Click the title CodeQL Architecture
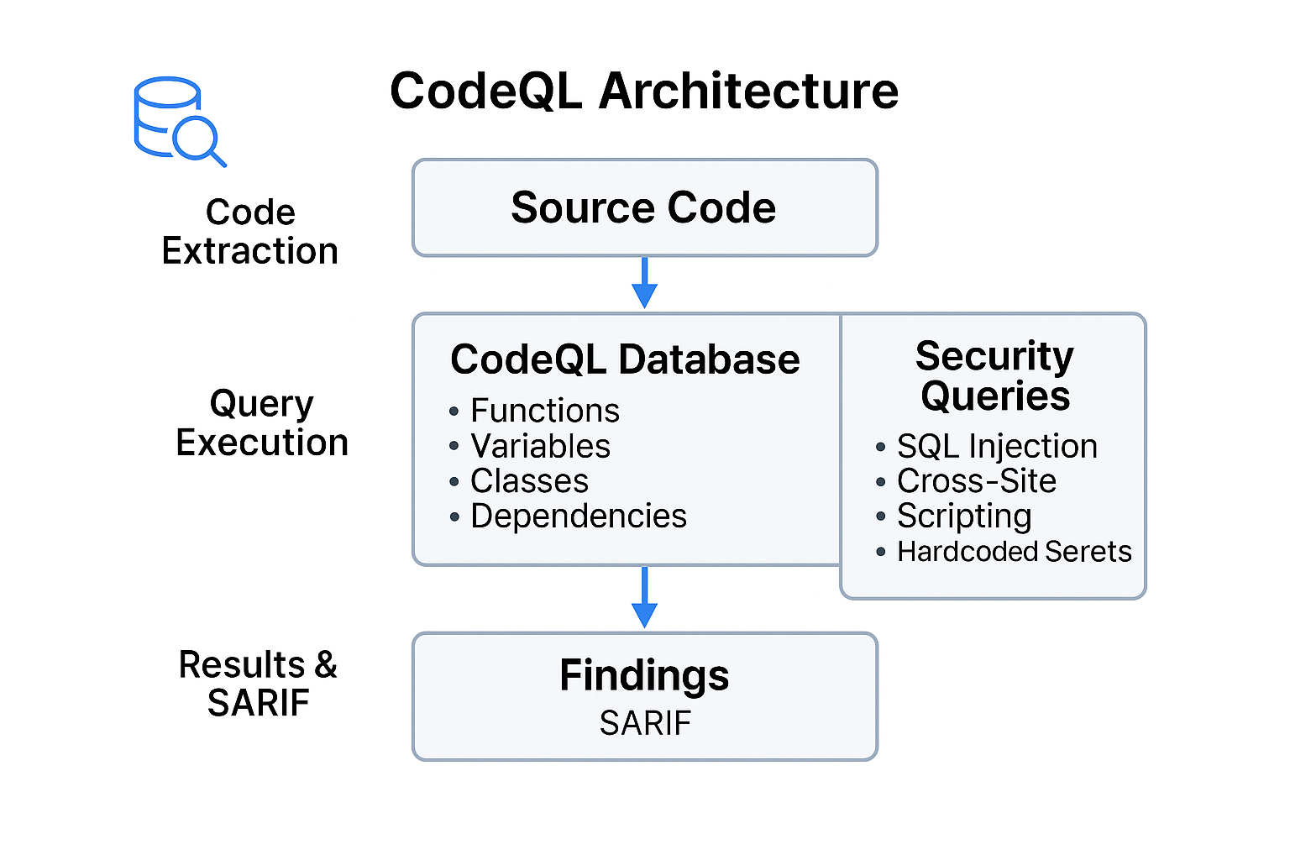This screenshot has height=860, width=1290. click(644, 91)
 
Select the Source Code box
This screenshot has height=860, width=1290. click(644, 207)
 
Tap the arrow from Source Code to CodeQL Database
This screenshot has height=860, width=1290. click(644, 283)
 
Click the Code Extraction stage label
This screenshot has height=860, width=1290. click(250, 232)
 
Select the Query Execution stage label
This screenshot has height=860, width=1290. click(262, 422)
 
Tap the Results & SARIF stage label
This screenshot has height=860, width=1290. click(258, 684)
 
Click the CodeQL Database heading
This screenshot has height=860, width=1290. click(625, 359)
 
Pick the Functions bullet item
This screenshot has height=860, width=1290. click(544, 411)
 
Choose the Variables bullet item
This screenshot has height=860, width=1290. click(540, 446)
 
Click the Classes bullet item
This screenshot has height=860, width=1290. click(529, 481)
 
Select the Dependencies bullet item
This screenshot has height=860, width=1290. click(578, 516)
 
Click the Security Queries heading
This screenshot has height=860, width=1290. click(994, 375)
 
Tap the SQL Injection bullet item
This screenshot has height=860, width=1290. click(996, 446)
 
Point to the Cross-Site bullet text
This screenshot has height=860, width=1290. click(976, 481)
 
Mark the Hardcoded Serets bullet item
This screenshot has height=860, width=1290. click(1014, 552)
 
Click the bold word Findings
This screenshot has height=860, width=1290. click(644, 675)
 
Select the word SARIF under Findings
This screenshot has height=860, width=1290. click(645, 723)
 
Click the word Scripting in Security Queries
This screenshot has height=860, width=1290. click(964, 517)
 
